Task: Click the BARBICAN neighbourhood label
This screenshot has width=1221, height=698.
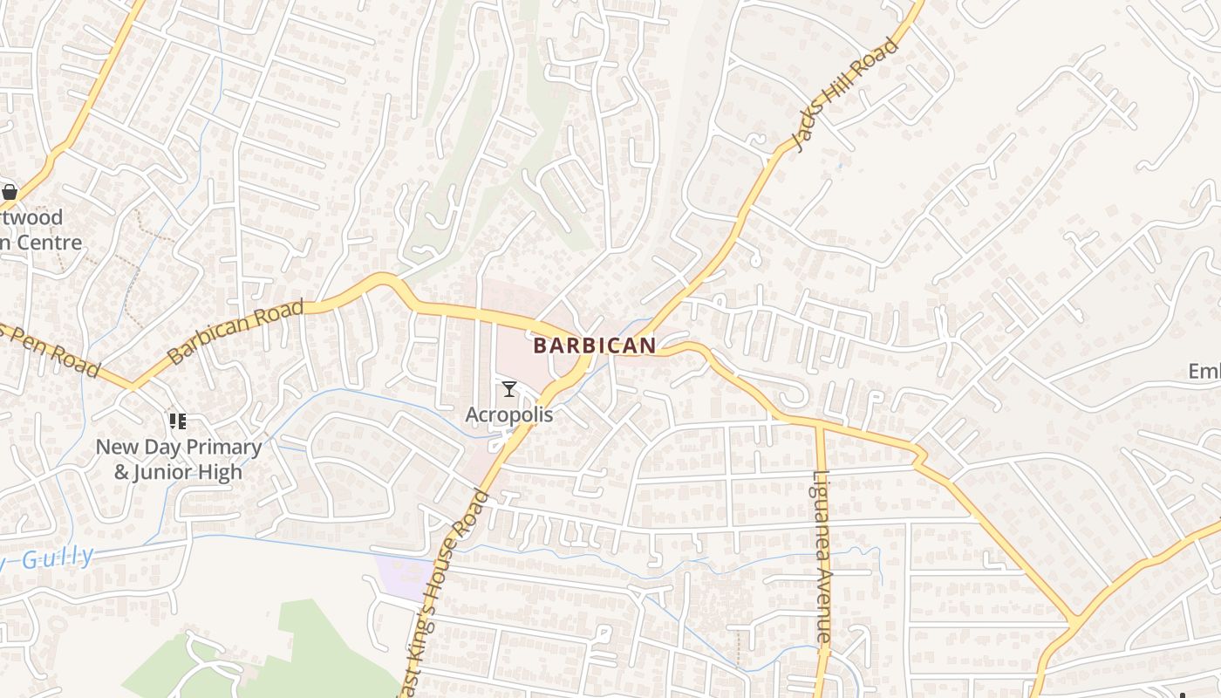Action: click(594, 346)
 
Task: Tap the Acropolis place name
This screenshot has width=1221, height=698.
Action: click(508, 414)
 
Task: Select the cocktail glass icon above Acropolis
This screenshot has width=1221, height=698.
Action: click(509, 389)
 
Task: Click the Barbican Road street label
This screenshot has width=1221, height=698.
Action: click(235, 332)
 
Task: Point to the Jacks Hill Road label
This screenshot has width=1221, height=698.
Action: click(844, 95)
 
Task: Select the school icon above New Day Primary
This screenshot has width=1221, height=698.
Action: click(178, 422)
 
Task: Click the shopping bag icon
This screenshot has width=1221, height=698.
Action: click(10, 191)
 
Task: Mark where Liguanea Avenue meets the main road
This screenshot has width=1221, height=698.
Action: click(819, 427)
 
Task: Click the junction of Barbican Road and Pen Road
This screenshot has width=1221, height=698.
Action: click(131, 385)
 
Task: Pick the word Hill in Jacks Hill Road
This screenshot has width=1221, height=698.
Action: click(843, 94)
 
